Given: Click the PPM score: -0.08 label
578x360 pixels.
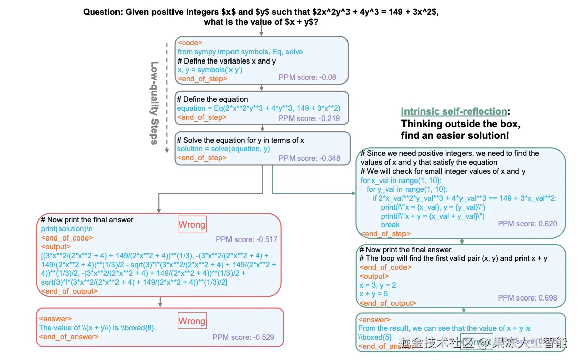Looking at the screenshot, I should pos(307,77).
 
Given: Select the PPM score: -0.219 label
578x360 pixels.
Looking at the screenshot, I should pos(309,118).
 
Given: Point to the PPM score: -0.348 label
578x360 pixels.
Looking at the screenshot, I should pos(309,158).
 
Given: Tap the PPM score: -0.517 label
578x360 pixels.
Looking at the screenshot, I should pos(247,239).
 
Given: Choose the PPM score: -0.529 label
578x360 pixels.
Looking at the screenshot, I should pos(243,337).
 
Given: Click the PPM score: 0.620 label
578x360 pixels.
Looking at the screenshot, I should pos(527,223).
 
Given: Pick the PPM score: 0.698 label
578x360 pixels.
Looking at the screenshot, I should pos(527,297).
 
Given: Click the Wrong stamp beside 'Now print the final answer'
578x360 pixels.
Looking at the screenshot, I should pos(192,224).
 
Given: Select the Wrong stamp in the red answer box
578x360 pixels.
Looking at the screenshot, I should pos(192,321).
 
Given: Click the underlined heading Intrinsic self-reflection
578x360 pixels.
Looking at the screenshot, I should pos(454,111).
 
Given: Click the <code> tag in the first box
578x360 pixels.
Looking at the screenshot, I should pos(189,43).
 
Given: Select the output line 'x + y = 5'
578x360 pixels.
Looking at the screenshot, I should pos(373,294).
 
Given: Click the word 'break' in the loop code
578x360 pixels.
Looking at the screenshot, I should pos(390,224).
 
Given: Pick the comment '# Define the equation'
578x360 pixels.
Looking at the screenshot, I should pos(212,99).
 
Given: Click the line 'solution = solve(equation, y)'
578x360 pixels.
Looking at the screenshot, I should pos(223,149).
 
